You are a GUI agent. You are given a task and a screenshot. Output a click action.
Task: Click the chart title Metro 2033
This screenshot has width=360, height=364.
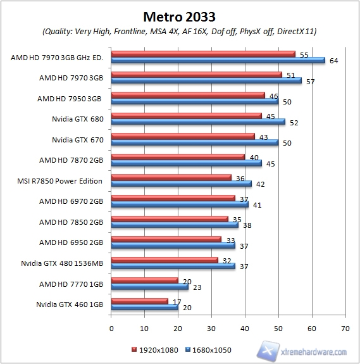coord(180,15)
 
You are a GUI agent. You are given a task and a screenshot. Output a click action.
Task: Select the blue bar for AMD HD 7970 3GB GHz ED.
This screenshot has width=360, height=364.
coord(218,61)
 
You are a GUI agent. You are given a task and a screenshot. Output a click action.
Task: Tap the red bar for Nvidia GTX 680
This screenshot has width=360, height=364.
coord(187,115)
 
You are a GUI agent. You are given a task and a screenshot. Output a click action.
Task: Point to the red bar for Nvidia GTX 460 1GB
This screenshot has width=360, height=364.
coord(140,301)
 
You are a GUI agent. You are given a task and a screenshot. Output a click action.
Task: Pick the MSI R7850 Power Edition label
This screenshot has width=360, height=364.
coord(60,181)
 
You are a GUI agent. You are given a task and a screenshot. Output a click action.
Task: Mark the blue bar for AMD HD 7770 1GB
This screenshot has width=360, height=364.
coord(150,287)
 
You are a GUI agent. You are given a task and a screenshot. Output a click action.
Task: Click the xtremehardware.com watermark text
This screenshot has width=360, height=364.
coord(314,351)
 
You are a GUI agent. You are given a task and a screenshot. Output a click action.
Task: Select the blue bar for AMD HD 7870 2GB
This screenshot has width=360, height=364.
coord(187,163)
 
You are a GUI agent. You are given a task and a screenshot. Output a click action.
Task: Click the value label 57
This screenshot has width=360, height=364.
coord(329,81)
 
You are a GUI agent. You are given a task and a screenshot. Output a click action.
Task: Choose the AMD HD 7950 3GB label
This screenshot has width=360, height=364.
coord(70,99)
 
